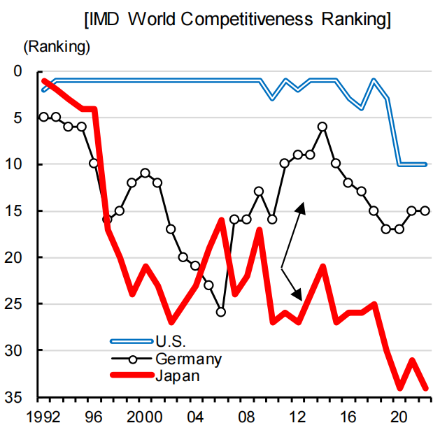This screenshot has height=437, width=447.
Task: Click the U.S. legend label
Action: (x=171, y=341)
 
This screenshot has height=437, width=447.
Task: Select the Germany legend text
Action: (x=189, y=359)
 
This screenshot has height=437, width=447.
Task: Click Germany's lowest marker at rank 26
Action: (x=221, y=312)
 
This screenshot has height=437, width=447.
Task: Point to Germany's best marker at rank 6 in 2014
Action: (x=322, y=127)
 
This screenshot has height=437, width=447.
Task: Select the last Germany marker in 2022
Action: (x=425, y=210)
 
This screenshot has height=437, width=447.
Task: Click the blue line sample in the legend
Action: (x=131, y=341)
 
